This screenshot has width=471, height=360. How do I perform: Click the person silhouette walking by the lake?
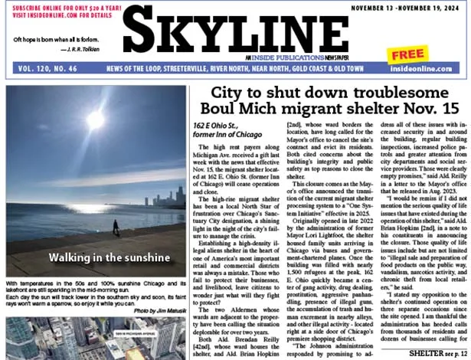coord(116,227)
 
